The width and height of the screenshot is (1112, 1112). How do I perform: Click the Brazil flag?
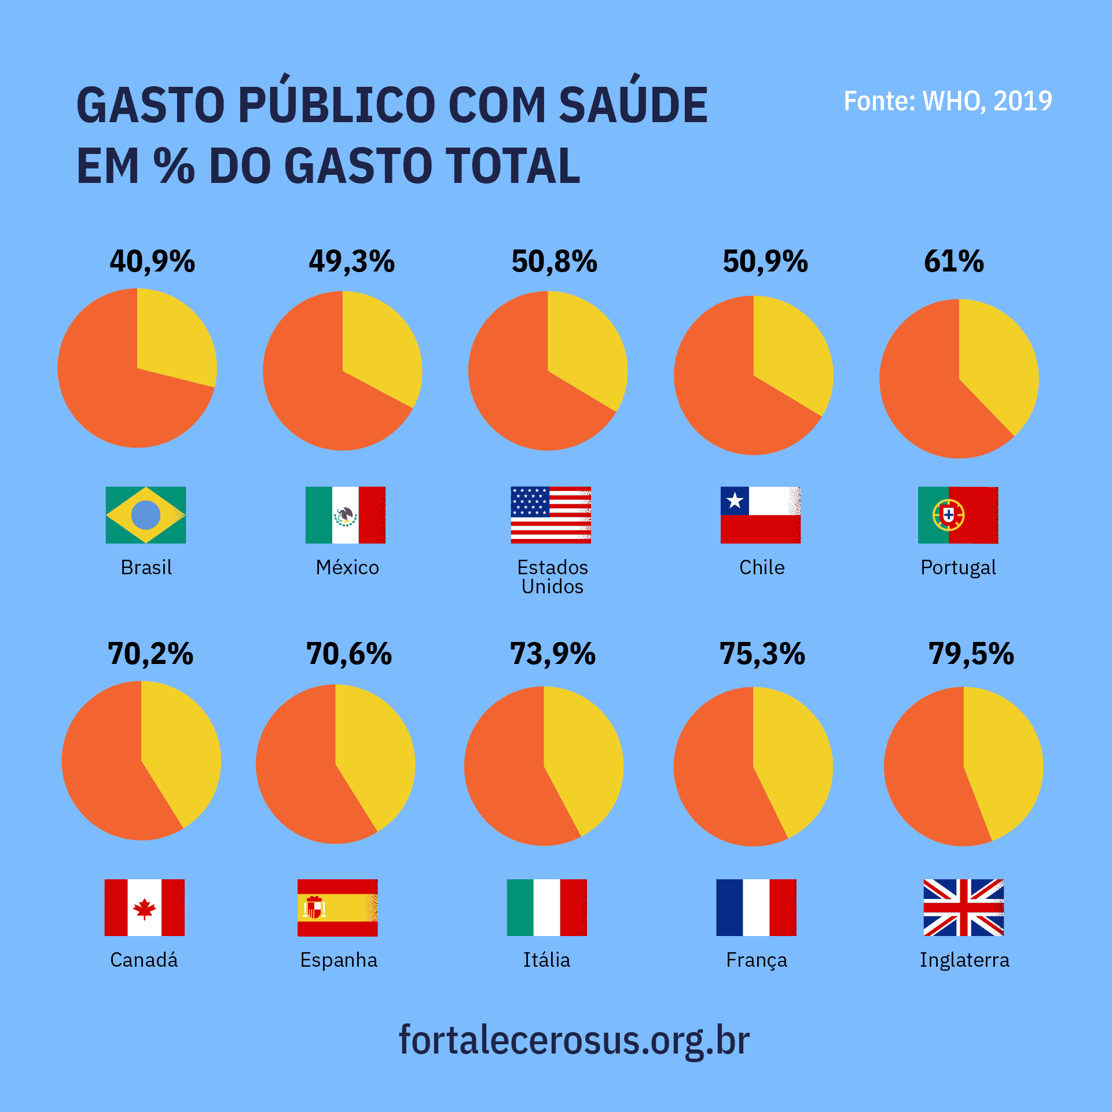[x=146, y=515]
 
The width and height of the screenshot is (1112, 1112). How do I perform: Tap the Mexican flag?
[x=346, y=515]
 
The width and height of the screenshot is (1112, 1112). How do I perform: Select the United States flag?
[x=551, y=515]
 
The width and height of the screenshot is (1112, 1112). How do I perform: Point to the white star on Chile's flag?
[x=735, y=500]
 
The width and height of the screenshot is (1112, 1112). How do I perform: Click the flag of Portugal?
[x=957, y=515]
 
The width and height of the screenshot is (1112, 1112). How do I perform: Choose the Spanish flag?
[x=337, y=908]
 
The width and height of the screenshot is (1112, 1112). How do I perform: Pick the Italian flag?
[x=546, y=908]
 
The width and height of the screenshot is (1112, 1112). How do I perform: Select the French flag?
[x=756, y=908]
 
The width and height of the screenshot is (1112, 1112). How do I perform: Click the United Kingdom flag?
[x=963, y=908]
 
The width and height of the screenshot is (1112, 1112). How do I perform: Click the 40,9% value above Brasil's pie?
[x=152, y=261]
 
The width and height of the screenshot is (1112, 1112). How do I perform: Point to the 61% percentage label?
[x=953, y=261]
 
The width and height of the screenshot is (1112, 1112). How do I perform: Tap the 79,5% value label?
[x=971, y=654]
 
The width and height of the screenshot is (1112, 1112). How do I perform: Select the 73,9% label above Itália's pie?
[x=552, y=654]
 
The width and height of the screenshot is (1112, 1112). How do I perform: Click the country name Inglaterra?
[x=964, y=960]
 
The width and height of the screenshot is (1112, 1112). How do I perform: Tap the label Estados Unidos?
[x=552, y=577]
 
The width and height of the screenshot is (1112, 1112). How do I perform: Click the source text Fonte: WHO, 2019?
[x=948, y=101]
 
